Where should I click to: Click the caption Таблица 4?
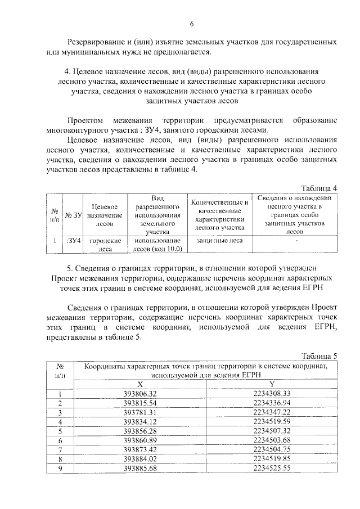tap(319, 188)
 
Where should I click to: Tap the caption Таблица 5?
tap(319, 355)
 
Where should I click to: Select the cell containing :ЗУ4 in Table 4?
tap(73, 241)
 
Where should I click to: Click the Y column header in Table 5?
tap(271, 384)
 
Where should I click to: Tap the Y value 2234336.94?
tap(271, 403)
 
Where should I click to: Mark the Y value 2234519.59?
tap(271, 422)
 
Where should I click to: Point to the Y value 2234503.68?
tap(271, 440)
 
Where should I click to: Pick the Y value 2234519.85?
tap(271, 458)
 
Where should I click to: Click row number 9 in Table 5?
tap(60, 468)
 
